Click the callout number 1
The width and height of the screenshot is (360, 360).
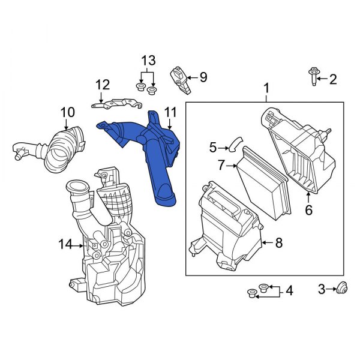click(266, 91)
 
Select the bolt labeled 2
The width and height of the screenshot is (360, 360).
click(313, 77)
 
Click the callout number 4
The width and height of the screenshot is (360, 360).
click(290, 291)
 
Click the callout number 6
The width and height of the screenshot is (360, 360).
click(309, 210)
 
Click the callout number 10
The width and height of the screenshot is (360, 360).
click(68, 112)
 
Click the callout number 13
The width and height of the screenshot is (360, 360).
click(147, 61)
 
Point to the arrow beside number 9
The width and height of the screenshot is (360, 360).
click(192, 77)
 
